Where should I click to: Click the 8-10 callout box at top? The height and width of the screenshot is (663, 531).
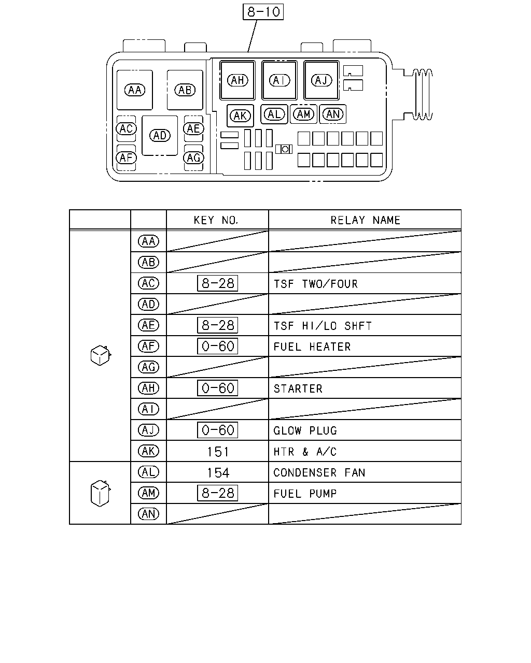point(263,12)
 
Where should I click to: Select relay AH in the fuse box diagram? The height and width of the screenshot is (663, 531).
point(237,80)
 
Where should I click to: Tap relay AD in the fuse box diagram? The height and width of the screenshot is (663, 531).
point(160,135)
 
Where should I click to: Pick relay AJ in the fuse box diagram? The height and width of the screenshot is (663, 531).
point(321,80)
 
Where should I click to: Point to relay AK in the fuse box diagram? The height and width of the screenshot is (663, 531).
point(240,116)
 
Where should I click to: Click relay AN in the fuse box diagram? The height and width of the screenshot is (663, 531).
point(332,114)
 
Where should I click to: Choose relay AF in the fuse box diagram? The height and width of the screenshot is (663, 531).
point(126,158)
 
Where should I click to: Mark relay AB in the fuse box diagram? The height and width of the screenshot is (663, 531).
point(185,90)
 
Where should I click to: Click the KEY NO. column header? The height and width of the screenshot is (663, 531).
point(216,220)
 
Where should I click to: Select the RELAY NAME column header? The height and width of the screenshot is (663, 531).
point(365,220)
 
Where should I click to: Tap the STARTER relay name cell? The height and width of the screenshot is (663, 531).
point(298,388)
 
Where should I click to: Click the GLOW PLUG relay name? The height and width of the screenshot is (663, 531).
point(305,430)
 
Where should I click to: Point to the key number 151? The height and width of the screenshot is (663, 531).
point(218,452)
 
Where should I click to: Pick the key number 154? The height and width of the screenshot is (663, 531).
point(218,473)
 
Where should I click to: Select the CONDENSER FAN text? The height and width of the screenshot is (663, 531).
point(319,472)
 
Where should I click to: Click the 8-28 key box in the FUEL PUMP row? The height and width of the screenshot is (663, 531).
point(217,493)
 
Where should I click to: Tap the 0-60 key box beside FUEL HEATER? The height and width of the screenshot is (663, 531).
point(217,347)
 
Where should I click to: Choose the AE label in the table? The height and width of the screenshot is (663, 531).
point(148,325)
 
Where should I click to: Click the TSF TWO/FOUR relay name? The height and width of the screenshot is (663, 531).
point(316,284)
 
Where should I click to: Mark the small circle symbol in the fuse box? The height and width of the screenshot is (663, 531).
point(285,149)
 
